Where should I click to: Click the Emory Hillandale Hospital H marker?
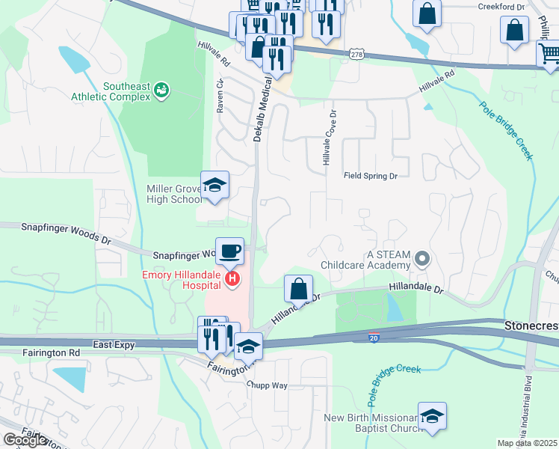(232, 280)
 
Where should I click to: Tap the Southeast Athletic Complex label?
(111, 91)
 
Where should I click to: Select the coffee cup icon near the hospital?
(229, 251)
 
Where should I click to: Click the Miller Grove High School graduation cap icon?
(214, 186)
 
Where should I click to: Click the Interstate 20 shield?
(374, 338)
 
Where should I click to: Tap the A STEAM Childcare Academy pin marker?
(422, 260)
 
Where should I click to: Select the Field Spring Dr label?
(370, 176)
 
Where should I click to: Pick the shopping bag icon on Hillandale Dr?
(298, 288)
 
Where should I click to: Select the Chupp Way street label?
(268, 385)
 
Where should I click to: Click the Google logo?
(25, 440)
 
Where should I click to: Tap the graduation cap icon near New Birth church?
(432, 416)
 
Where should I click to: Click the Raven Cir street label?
(220, 97)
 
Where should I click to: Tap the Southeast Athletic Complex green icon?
(161, 91)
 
